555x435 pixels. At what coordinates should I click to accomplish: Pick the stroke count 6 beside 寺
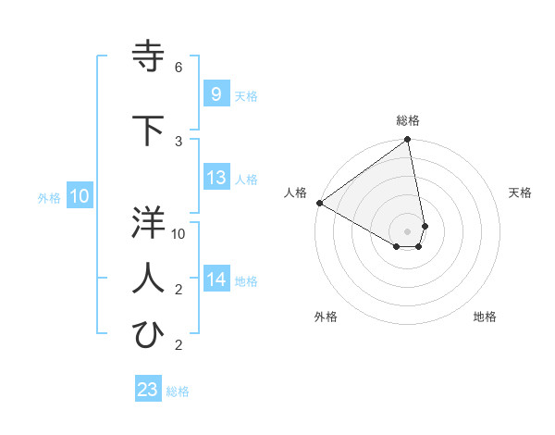[x=179, y=68]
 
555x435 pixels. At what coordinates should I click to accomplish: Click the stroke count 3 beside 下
[x=179, y=141]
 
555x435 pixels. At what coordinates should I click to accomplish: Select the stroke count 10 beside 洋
[x=179, y=234]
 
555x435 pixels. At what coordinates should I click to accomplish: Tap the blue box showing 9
[x=215, y=93]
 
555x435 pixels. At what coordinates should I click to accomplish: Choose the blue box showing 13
[x=216, y=178]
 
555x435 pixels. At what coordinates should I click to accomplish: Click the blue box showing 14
[x=216, y=280]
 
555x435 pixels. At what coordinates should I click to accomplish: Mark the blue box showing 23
[x=147, y=389]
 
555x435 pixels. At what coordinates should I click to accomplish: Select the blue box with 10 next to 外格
[x=79, y=195]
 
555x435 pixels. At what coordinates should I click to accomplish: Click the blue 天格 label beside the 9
[x=245, y=95]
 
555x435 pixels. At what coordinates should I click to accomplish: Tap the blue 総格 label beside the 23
[x=178, y=391]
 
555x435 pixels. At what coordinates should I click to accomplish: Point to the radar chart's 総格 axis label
[x=407, y=120]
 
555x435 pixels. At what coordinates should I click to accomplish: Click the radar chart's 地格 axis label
[x=485, y=317]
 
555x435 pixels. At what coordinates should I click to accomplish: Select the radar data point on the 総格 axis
[x=407, y=141]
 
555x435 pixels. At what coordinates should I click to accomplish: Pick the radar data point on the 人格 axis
[x=319, y=203]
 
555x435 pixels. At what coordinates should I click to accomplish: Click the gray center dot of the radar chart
[x=407, y=230]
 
